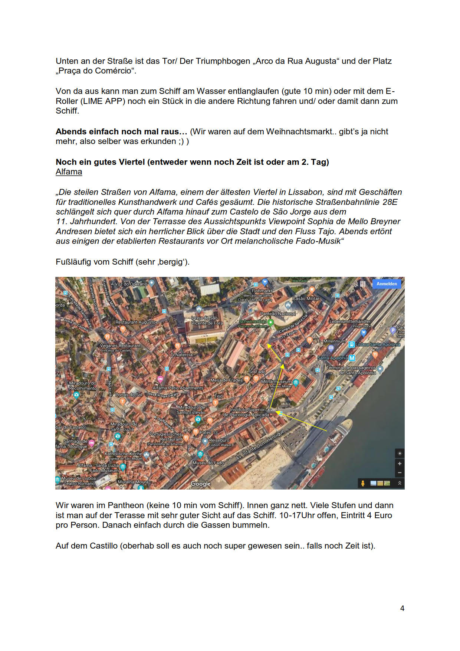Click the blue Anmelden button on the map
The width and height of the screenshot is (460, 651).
tap(386, 284)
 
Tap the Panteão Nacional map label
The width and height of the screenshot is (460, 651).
tap(277, 314)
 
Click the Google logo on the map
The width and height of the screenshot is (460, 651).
tap(200, 484)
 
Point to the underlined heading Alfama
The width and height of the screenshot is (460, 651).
tap(69, 172)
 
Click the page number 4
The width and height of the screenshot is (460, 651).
tap(402, 608)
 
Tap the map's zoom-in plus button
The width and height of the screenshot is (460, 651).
tap(400, 464)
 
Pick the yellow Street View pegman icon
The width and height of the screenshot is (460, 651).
tap(362, 483)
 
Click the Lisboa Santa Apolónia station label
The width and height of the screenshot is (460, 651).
tap(378, 344)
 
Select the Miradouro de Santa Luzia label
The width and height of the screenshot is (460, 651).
tap(124, 426)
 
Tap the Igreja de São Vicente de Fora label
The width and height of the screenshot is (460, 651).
tap(207, 320)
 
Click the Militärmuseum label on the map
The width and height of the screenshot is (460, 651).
tap(276, 382)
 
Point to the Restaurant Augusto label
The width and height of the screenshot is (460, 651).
tap(135, 322)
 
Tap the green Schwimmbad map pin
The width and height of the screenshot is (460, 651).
tap(271, 322)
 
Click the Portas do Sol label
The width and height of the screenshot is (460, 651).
tap(128, 395)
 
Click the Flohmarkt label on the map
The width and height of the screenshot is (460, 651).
tap(262, 291)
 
